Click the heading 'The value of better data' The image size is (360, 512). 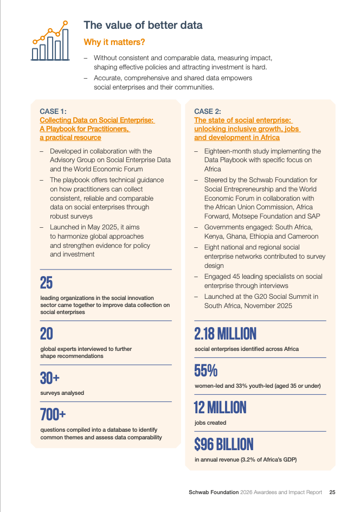click(x=143, y=25)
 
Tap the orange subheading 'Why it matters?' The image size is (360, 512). click(x=114, y=42)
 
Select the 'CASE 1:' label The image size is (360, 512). click(x=53, y=112)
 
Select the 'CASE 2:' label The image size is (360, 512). click(x=208, y=112)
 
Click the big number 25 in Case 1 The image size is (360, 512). click(x=46, y=283)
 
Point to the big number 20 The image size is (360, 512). click(x=47, y=334)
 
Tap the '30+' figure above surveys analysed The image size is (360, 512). click(x=49, y=377)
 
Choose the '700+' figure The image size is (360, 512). click(x=53, y=415)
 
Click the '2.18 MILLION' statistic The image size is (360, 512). click(x=225, y=334)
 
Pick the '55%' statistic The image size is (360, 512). click(x=205, y=371)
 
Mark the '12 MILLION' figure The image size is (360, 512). click(x=220, y=407)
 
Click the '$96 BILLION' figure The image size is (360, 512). click(x=223, y=445)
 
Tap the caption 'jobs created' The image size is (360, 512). click(x=210, y=423)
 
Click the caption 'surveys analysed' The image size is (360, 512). click(x=62, y=393)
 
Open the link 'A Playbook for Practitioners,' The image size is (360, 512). click(x=85, y=129)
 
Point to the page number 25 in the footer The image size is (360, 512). click(x=332, y=492)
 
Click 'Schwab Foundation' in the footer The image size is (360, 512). click(x=213, y=492)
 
